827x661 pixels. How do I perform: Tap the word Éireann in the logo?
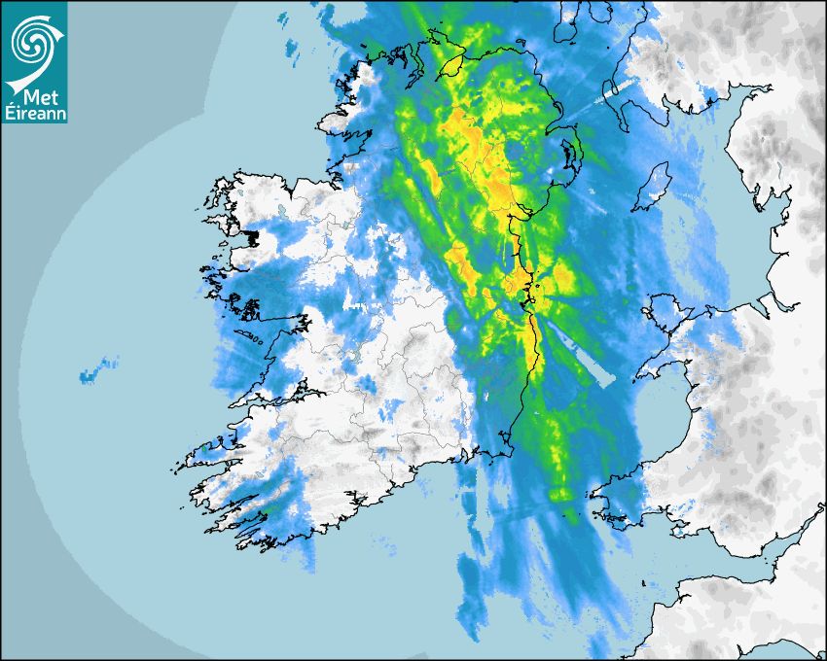(34, 114)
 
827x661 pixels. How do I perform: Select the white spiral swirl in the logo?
(32, 44)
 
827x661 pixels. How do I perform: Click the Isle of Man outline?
(651, 187)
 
